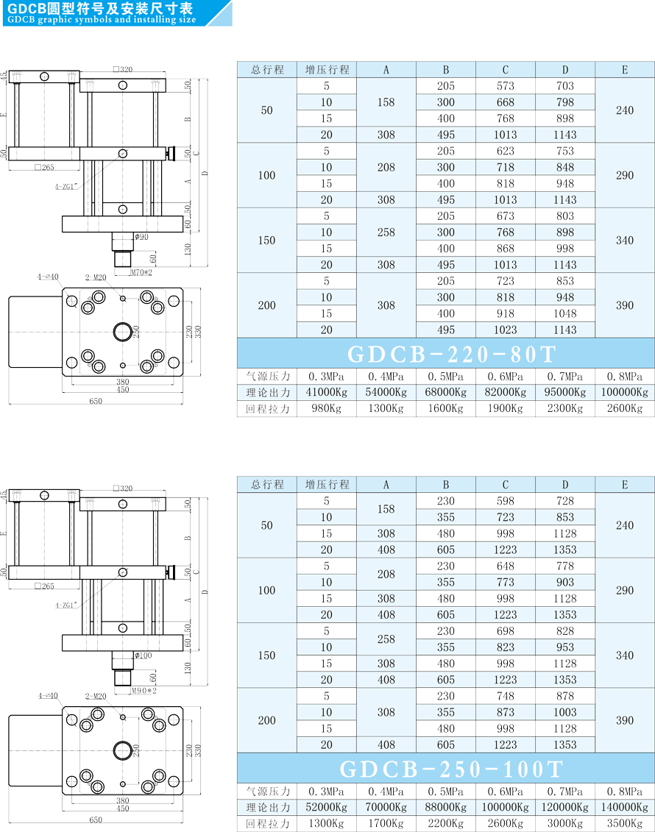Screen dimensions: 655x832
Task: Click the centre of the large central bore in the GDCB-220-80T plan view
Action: [123, 333]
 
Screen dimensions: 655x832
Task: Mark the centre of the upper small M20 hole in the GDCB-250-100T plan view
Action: [123, 717]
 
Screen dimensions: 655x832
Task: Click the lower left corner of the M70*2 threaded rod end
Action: [116, 266]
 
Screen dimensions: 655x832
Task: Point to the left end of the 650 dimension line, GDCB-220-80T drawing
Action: [9, 405]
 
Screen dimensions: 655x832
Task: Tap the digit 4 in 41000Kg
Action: [309, 393]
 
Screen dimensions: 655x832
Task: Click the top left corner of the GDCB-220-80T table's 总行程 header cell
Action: [237, 62]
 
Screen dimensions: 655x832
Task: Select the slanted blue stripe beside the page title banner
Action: [219, 13]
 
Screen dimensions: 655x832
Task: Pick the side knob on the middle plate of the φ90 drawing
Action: [171, 154]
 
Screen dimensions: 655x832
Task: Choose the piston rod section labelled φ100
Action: [123, 660]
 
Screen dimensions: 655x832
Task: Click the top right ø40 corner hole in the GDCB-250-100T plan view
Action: [174, 720]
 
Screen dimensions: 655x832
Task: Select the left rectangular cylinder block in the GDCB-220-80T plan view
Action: [35, 333]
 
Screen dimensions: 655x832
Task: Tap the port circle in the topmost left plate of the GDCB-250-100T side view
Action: [45, 496]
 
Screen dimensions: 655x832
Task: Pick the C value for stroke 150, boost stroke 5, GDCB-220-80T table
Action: [506, 216]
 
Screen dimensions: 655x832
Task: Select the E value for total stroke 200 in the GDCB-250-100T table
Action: [625, 721]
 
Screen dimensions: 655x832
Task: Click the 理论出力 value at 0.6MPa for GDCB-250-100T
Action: [506, 808]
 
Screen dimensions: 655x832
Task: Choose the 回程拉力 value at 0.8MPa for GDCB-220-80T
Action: [625, 408]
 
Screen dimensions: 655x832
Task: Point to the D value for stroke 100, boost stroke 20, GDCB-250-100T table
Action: [565, 615]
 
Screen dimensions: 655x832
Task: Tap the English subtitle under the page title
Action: [102, 20]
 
